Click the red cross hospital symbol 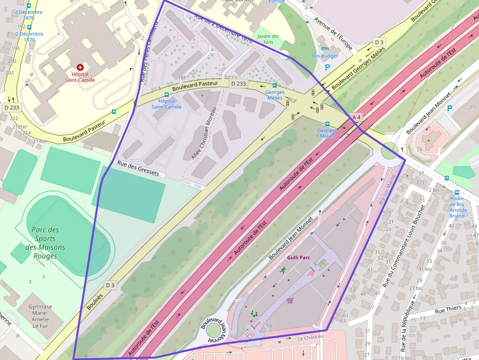80,67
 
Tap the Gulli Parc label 299,257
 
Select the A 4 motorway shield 356,117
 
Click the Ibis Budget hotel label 324,56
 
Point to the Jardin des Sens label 268,39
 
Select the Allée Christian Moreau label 204,133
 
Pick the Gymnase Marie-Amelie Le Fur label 40,316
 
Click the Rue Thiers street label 448,309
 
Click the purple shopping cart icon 290,300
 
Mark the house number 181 183,78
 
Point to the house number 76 419,149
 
